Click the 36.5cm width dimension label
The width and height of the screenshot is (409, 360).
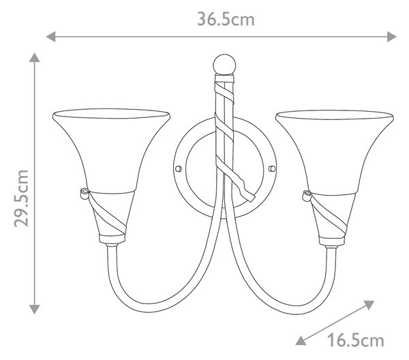226,19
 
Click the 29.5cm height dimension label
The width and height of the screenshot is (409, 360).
21,198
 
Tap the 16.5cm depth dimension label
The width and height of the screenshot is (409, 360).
356,340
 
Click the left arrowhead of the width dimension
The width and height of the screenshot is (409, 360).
50,37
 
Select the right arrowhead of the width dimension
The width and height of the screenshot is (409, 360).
391,37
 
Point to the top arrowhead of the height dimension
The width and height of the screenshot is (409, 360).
35,57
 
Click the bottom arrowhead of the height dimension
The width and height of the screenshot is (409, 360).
35,309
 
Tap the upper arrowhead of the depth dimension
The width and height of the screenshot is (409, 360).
369,304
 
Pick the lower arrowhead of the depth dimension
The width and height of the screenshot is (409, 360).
301,340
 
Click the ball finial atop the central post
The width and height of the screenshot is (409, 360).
224,64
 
